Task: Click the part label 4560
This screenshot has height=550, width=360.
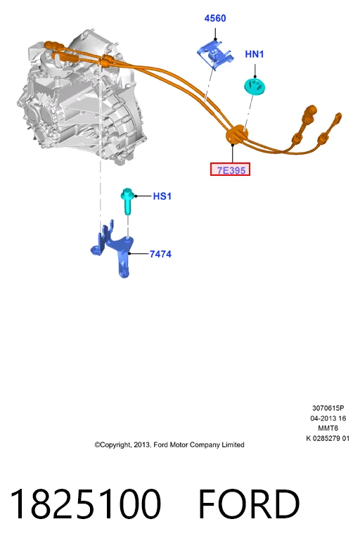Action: pyautogui.click(x=215, y=18)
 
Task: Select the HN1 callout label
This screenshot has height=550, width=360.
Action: pyautogui.click(x=255, y=54)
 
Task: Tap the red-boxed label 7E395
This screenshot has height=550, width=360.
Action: pyautogui.click(x=231, y=170)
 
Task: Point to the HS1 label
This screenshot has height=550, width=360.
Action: pyautogui.click(x=162, y=196)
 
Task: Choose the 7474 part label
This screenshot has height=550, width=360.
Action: pyautogui.click(x=160, y=254)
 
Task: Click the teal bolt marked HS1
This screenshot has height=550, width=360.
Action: pyautogui.click(x=127, y=200)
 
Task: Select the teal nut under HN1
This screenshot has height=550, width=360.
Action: pyautogui.click(x=255, y=86)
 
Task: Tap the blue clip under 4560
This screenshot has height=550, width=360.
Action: pyautogui.click(x=215, y=53)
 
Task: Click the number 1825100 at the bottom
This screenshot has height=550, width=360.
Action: pyautogui.click(x=86, y=504)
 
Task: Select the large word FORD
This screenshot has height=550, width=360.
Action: pyautogui.click(x=249, y=504)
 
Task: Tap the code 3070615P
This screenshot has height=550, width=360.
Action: pyautogui.click(x=328, y=408)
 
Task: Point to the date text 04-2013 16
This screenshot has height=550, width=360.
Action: pyautogui.click(x=328, y=418)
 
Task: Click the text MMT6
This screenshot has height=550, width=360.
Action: pyautogui.click(x=328, y=428)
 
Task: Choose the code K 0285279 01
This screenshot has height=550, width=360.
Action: pyautogui.click(x=328, y=438)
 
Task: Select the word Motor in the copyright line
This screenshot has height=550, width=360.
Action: pyautogui.click(x=179, y=445)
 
